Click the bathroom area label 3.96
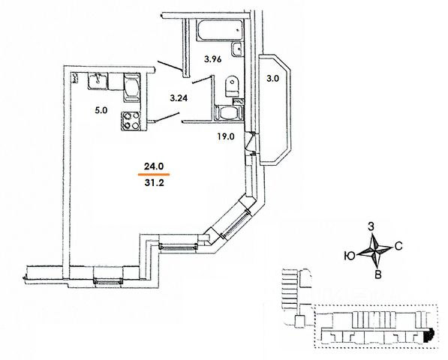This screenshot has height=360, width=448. pyautogui.click(x=212, y=59)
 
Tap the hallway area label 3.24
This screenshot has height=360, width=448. pyautogui.click(x=179, y=98)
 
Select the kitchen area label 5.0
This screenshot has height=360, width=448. pyautogui.click(x=101, y=110)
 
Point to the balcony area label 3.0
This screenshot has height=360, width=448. pyautogui.click(x=272, y=79)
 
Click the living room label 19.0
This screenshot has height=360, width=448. pyautogui.click(x=225, y=136)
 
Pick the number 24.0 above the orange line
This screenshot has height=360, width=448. pyautogui.click(x=153, y=166)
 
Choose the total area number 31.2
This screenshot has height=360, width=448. pyautogui.click(x=154, y=183)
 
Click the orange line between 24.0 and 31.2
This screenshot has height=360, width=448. pyautogui.click(x=154, y=174)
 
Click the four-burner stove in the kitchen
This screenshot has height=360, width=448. pyautogui.click(x=131, y=121)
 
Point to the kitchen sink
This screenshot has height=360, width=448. pyautogui.click(x=98, y=80)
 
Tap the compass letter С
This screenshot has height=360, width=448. pyautogui.click(x=398, y=246)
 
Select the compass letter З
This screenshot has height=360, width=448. pyautogui.click(x=371, y=227)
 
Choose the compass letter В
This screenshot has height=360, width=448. pyautogui.click(x=378, y=274)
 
